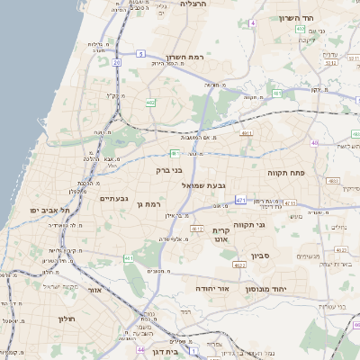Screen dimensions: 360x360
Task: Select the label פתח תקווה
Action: point(288,170)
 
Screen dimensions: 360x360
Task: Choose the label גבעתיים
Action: point(113,199)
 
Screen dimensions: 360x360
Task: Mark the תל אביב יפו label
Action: point(42,210)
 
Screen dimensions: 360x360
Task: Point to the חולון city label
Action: point(67,319)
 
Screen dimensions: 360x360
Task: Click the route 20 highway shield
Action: point(117,62)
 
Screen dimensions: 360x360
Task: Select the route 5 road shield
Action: point(141,54)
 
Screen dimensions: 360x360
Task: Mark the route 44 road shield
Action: point(140,347)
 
